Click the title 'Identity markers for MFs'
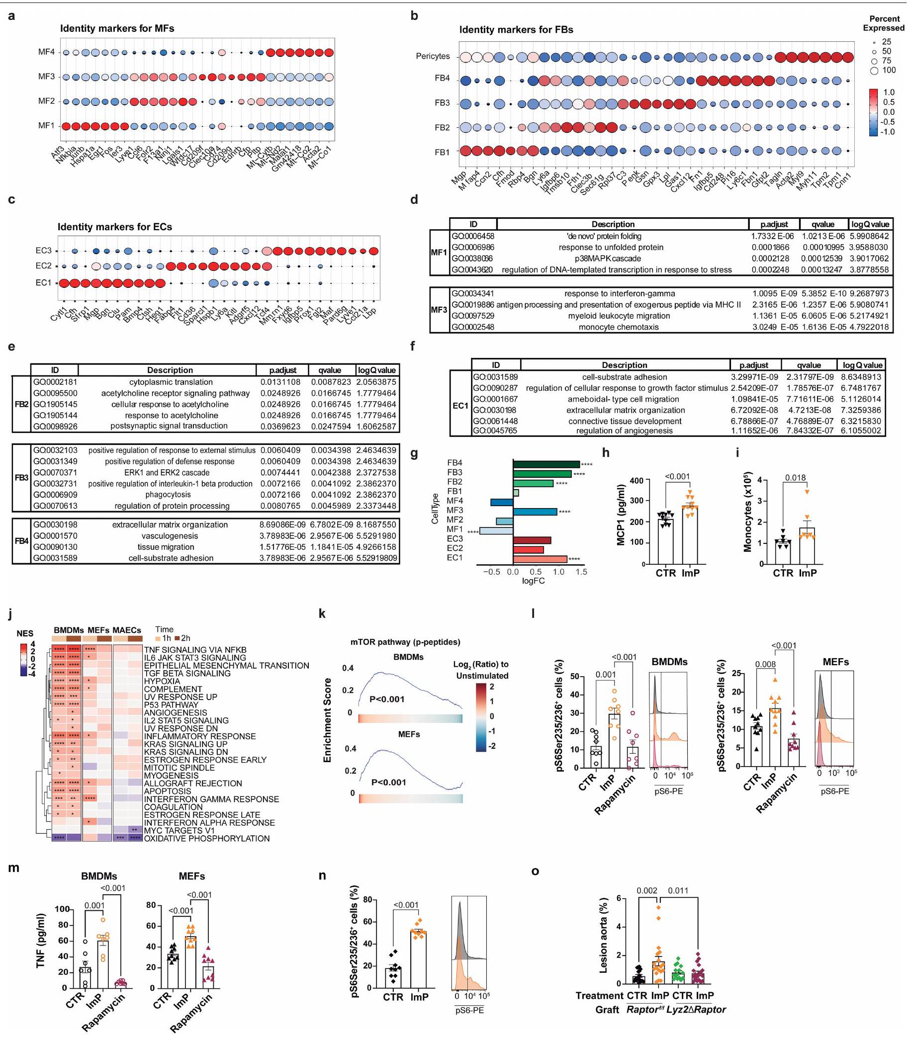[x=117, y=28]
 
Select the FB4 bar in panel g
[x=546, y=464]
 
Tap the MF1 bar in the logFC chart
[x=496, y=531]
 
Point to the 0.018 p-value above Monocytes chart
[x=795, y=478]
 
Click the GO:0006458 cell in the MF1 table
[x=473, y=237]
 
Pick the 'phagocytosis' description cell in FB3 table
[x=168, y=495]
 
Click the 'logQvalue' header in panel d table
[x=870, y=224]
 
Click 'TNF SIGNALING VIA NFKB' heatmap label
[x=195, y=650]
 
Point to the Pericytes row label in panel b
[x=433, y=56]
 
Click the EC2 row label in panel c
[x=44, y=266]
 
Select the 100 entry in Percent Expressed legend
[x=889, y=70]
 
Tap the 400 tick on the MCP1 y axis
[x=637, y=480]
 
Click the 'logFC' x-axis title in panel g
[x=533, y=581]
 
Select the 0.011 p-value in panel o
[x=678, y=890]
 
